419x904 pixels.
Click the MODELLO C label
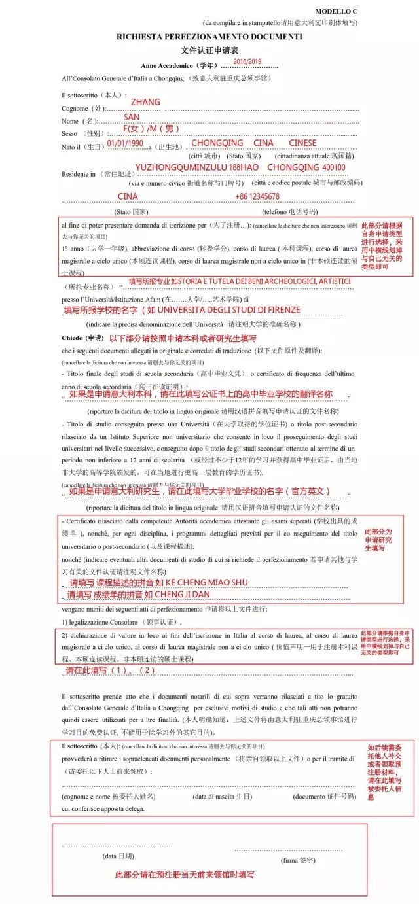(x=355, y=12)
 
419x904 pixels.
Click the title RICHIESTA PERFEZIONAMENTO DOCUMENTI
(x=209, y=37)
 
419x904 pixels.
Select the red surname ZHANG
(x=145, y=103)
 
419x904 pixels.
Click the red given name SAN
(x=132, y=117)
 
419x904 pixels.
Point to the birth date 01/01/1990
(x=125, y=143)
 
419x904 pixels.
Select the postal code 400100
(x=334, y=167)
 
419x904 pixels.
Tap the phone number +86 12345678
(x=257, y=196)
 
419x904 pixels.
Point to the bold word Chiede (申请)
(x=82, y=338)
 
